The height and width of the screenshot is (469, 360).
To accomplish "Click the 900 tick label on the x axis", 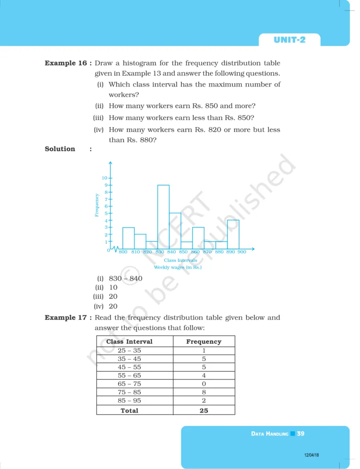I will [242, 252].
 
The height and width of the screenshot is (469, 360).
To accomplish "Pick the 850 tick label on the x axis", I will [183, 252].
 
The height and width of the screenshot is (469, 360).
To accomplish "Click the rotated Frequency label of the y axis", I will [97, 205].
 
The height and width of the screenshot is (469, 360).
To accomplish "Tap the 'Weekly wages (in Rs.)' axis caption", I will [178, 267].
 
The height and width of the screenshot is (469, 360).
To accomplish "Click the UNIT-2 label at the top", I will [289, 40].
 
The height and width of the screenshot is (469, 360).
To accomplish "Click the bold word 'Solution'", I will [60, 149].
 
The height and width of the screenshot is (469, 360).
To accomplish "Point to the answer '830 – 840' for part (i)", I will [125, 278].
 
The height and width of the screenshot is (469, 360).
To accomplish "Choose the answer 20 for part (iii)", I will [113, 296].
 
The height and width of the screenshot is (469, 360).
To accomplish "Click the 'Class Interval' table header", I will [129, 342].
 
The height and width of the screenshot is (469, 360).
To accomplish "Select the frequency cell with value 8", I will [204, 392].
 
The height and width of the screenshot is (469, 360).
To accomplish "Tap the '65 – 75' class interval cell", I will [129, 384].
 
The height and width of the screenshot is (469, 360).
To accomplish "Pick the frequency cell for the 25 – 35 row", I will [204, 350].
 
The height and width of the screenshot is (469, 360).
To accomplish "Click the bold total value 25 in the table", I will [204, 410].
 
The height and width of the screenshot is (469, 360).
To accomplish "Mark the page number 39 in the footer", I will [300, 433].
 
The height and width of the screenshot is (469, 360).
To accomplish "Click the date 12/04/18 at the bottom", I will [311, 455].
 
